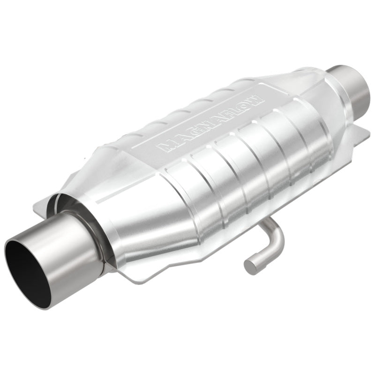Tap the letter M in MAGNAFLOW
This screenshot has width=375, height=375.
[x=165, y=146]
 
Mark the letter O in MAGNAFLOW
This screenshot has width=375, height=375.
[x=246, y=103]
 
